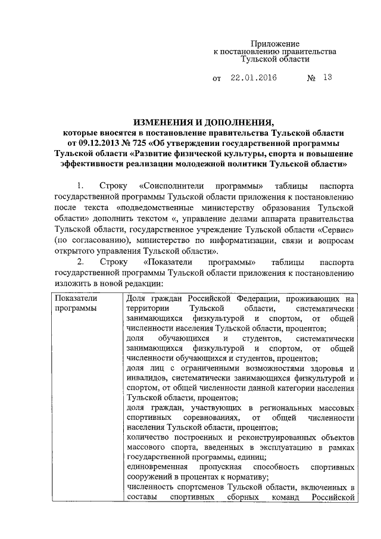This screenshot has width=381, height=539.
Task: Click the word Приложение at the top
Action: click(274, 43)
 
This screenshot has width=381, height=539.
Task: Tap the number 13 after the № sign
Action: click(327, 77)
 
